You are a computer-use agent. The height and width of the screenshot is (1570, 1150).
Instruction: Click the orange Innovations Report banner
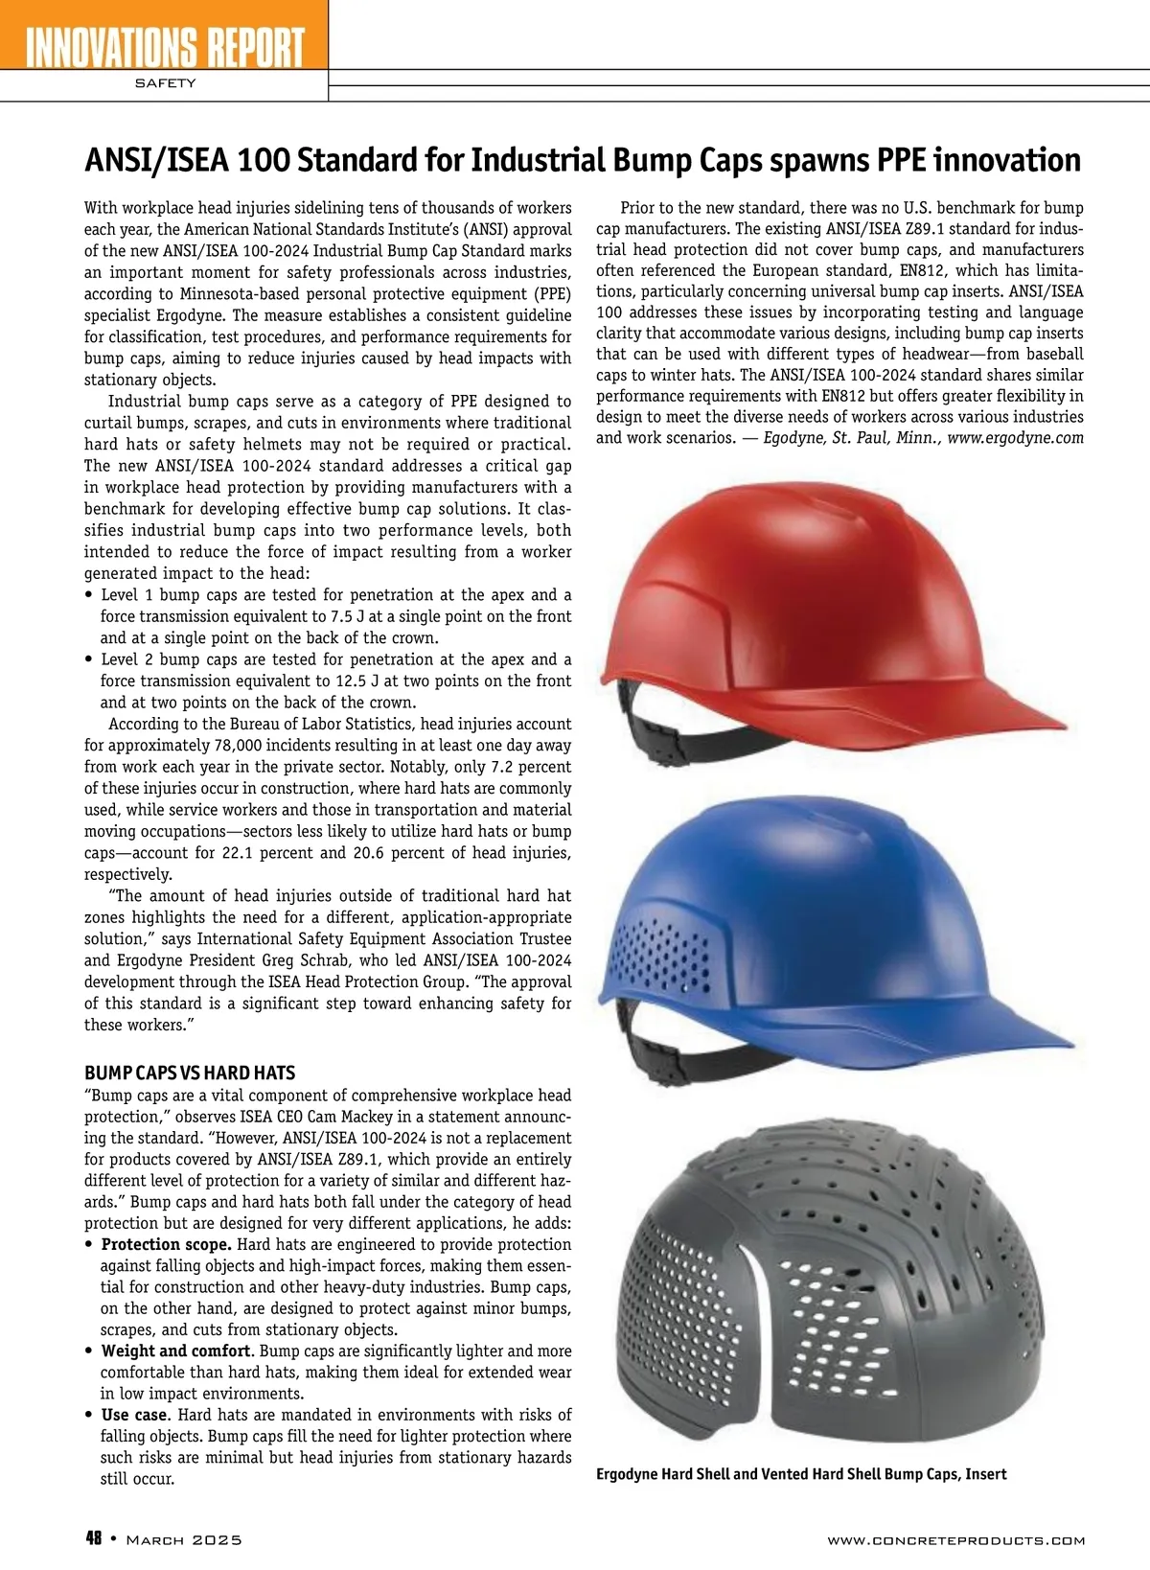tap(163, 38)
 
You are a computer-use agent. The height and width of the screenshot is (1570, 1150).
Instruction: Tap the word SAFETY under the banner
tap(165, 83)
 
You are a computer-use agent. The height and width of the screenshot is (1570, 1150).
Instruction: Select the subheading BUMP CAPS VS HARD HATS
tap(190, 1073)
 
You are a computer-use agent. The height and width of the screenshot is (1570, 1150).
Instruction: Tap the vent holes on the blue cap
tap(661, 958)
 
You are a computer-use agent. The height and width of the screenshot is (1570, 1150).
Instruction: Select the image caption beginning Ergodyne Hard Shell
tap(801, 1474)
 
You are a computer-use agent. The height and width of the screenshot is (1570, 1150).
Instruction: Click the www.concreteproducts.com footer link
tap(955, 1540)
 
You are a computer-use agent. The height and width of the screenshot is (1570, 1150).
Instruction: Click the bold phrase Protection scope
tap(166, 1244)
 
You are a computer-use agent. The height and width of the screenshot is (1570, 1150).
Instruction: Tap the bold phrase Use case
tap(135, 1415)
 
